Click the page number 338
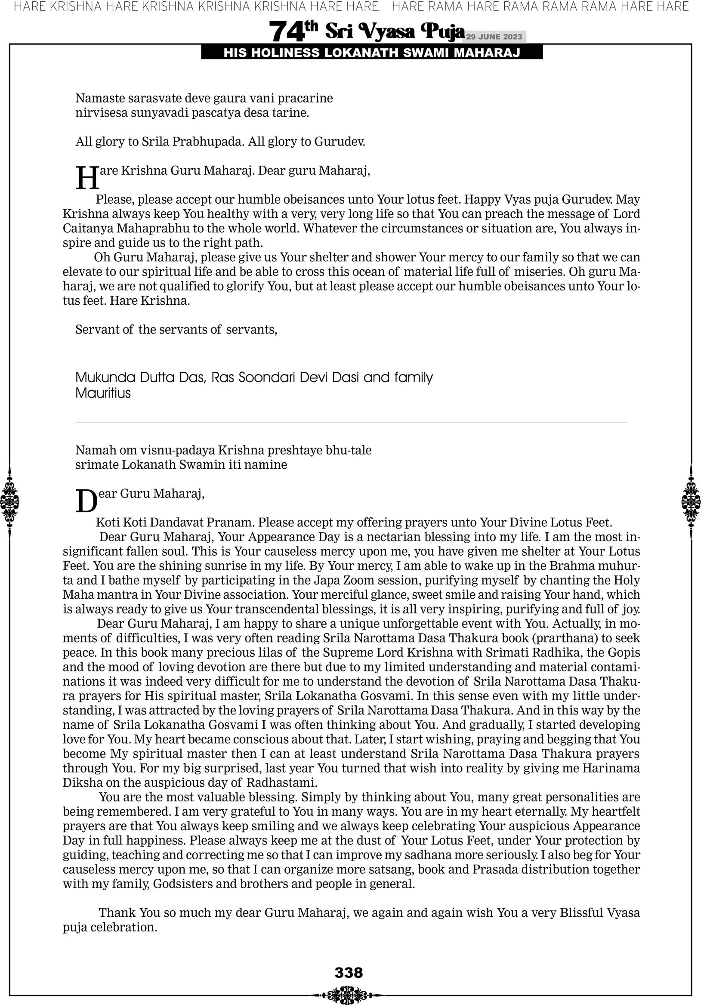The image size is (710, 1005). coord(349,973)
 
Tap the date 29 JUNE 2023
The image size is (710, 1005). coord(494,37)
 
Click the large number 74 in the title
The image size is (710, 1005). coord(286,31)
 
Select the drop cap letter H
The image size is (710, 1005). coord(87,178)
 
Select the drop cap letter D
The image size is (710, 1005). coord(86,501)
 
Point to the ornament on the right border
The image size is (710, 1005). coord(691,502)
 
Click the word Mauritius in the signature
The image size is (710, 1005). coord(103,393)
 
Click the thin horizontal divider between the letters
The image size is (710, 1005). coord(352,422)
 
